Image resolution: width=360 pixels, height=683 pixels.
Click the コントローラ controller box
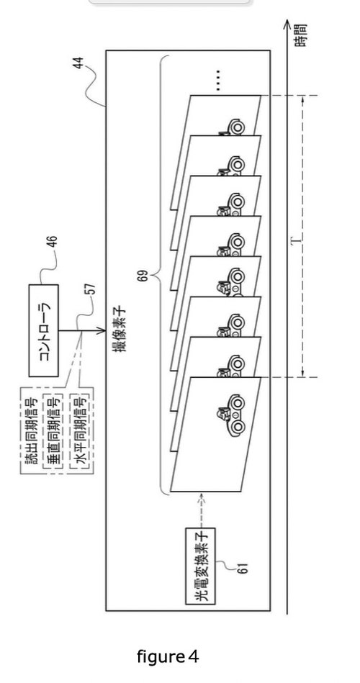pos(44,330)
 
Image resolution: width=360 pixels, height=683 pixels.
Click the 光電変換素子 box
pos(200,566)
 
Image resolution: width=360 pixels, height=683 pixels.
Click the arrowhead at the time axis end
pos(287,24)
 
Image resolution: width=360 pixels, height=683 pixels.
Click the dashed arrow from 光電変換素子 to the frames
pos(200,510)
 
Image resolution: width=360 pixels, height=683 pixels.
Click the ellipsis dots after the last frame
pos(218,80)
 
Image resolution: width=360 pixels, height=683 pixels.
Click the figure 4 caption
pos(168,656)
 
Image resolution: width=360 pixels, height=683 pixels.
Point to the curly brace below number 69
pos(162,276)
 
